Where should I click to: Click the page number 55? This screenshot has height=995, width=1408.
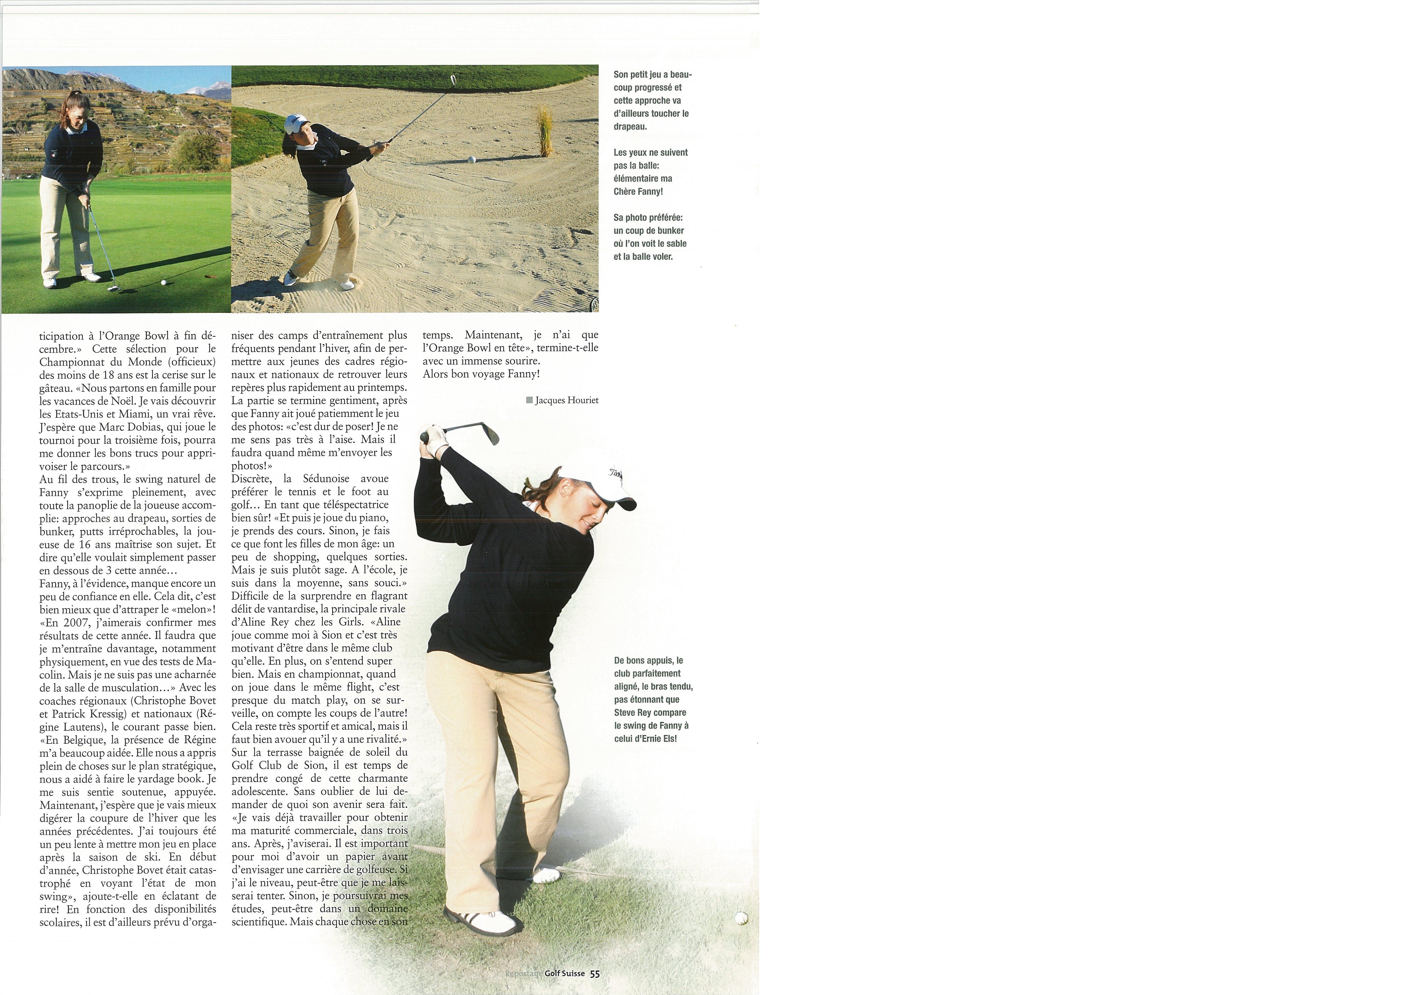coord(594,973)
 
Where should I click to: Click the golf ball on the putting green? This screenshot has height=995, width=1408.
coord(163,283)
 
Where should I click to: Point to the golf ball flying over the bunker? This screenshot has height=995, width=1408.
coord(471,159)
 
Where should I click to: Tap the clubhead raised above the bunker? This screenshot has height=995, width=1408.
coord(453,80)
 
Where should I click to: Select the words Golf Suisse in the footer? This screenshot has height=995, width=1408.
coord(564,973)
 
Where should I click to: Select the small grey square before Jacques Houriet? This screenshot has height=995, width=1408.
coord(529,400)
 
